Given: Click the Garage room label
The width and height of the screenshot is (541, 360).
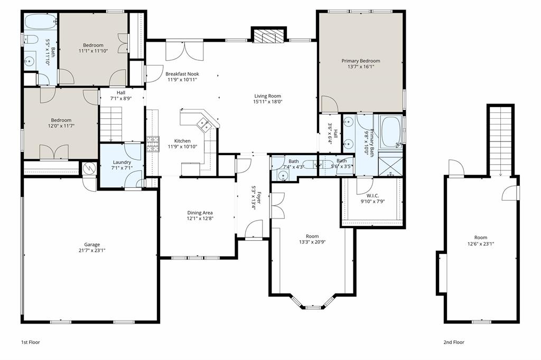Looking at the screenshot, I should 92,244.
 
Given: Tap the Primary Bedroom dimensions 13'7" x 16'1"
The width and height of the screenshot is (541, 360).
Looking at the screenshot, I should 360,67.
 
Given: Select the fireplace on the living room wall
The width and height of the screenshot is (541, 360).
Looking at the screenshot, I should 269,35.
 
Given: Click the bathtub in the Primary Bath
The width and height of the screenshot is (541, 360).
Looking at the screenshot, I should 391,132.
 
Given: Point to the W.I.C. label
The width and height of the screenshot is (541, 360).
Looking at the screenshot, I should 372,195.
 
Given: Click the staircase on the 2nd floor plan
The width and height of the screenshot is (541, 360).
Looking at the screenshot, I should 500,140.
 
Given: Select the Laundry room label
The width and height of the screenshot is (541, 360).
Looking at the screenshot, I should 122,162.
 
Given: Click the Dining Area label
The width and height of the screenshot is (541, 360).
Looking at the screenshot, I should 200,213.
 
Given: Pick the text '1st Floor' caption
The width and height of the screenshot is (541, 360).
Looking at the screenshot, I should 30,342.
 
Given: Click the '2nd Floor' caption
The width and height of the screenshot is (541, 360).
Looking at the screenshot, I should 454,342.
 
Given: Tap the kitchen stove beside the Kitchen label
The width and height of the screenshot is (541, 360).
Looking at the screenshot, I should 153,144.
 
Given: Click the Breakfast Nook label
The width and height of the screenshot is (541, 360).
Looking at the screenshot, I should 182,74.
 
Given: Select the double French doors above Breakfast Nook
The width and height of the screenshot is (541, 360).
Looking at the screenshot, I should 183,51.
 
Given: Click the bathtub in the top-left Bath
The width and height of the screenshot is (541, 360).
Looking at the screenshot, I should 40,22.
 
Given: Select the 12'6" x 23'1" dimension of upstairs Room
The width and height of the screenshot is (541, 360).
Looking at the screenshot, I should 481,244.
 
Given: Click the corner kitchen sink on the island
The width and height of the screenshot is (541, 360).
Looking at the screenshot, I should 203,125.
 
